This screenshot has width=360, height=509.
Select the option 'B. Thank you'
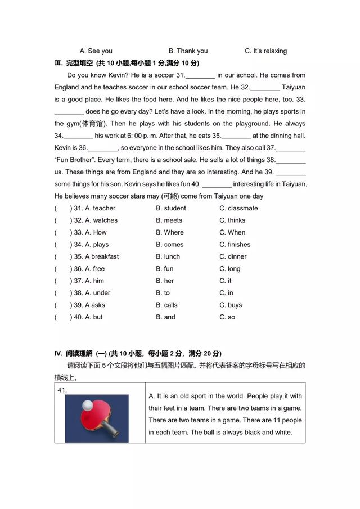point(188,51)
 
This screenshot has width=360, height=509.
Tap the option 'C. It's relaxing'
point(265,51)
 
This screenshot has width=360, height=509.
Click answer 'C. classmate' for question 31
point(238,208)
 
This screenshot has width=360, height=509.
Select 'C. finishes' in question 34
point(235,245)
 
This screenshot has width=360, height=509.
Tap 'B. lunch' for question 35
point(168,256)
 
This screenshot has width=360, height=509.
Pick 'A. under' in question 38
point(97,293)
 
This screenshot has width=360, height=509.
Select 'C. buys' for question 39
point(231,305)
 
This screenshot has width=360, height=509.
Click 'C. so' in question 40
point(227,317)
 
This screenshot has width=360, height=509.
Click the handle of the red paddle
point(111,430)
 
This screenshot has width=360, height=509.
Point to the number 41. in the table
point(62,390)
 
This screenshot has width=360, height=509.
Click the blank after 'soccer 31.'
point(200,75)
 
